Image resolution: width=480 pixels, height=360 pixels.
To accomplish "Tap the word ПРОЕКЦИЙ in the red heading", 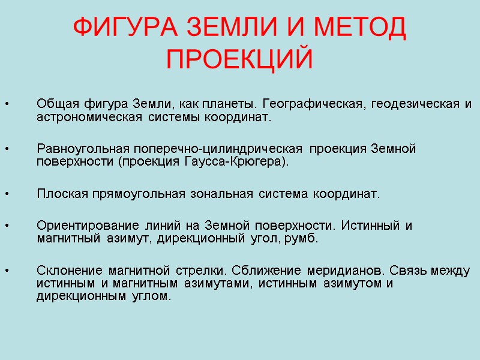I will click(239, 59).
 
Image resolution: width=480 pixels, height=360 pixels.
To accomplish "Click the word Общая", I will click(53, 104).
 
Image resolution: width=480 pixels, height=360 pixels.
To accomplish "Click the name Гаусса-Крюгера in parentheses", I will click(244, 161).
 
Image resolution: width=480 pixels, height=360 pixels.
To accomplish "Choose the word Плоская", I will click(62, 194).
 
